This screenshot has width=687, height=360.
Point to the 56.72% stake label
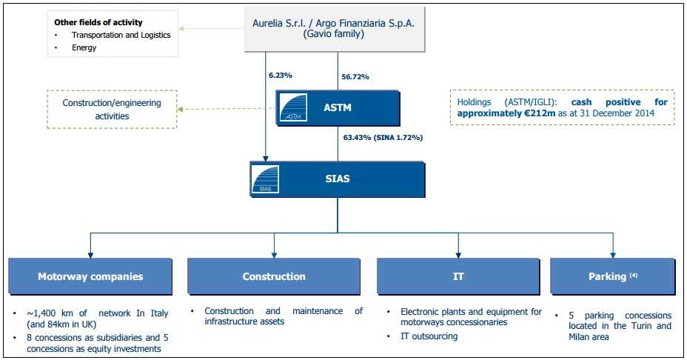tap(355, 76)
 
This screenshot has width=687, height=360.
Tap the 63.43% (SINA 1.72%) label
tap(383, 137)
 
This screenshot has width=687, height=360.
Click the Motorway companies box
tap(90, 276)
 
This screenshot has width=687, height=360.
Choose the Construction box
tap(274, 276)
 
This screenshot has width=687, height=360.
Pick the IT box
tap(458, 276)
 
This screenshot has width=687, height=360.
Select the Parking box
tap(612, 276)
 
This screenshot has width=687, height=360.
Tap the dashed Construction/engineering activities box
tap(111, 109)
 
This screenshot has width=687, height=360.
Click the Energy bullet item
tap(84, 47)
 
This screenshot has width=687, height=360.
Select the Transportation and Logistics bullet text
tap(121, 35)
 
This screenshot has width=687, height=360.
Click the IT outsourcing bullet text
tap(429, 336)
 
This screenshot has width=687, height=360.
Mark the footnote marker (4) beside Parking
tap(634, 275)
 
